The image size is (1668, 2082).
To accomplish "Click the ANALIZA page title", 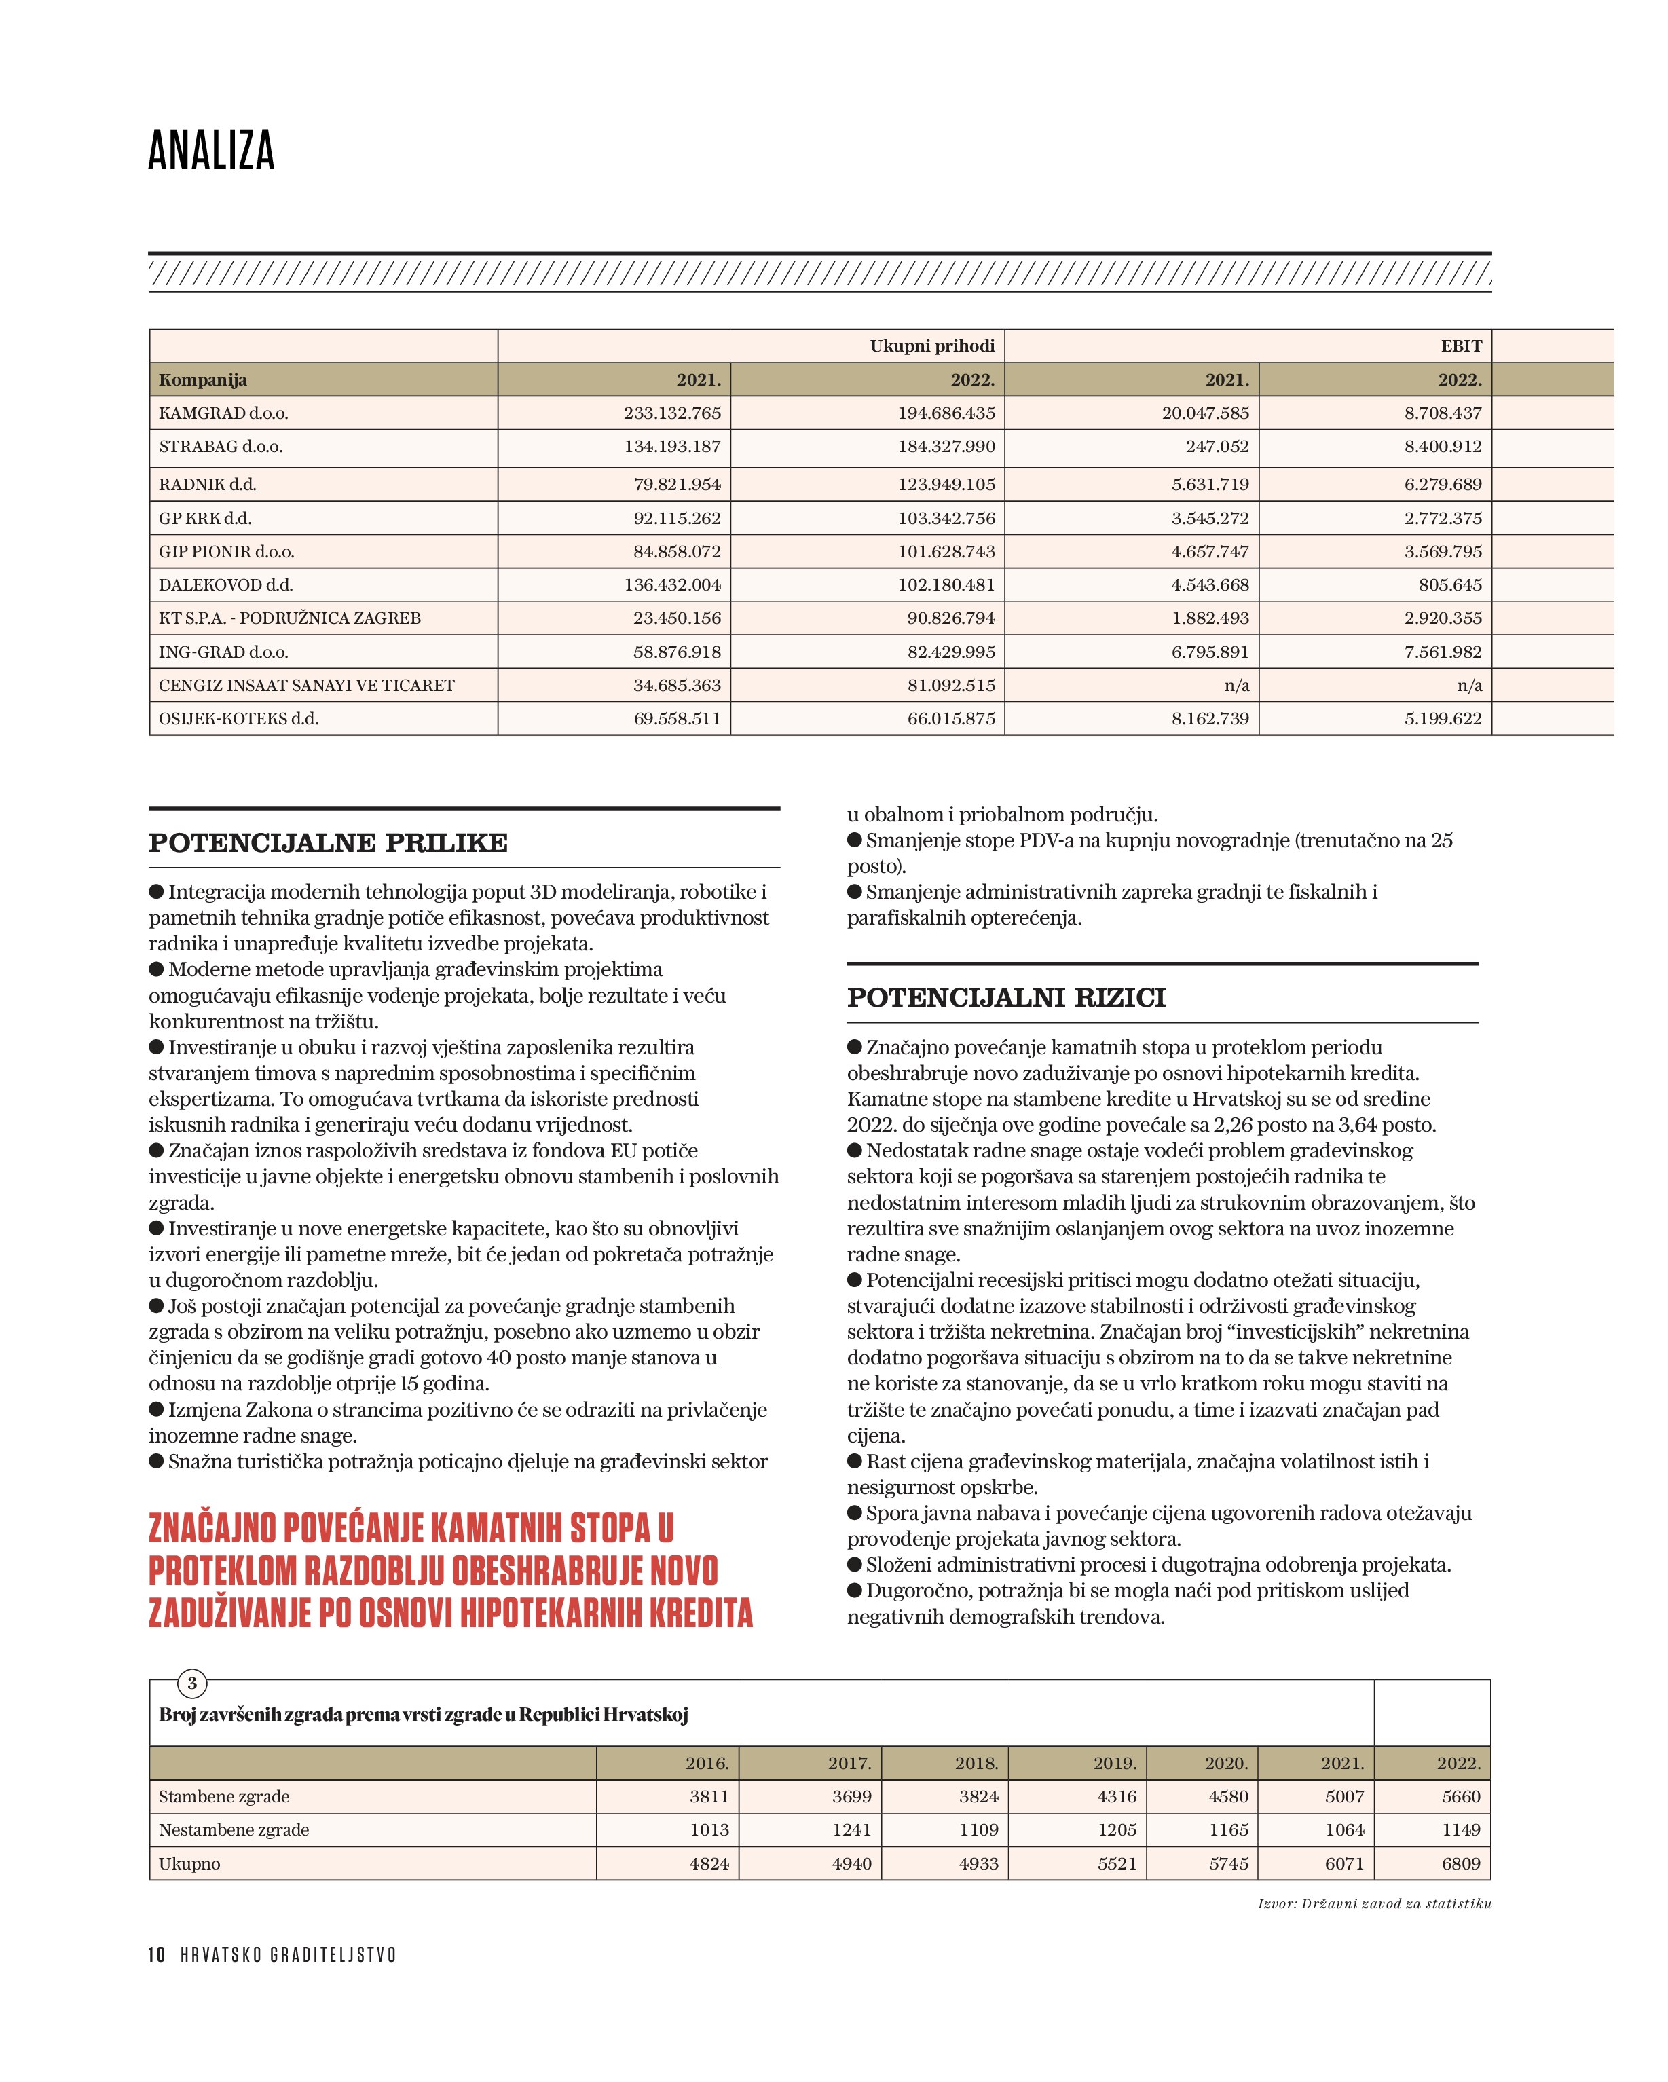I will [x=212, y=151].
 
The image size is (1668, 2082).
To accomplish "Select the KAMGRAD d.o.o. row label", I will [x=223, y=413].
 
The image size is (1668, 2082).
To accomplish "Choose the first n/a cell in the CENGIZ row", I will [x=1236, y=686].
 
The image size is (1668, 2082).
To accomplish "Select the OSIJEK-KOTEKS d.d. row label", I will [x=238, y=718].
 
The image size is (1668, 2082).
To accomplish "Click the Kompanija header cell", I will [x=203, y=380].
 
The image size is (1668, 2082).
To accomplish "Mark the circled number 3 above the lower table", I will [x=192, y=1683].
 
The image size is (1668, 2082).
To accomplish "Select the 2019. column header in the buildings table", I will [x=1115, y=1764].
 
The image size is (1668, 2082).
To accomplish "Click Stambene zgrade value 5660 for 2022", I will [x=1460, y=1797].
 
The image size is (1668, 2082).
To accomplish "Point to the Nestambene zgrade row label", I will [x=234, y=1830].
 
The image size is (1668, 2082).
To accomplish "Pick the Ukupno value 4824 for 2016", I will [x=709, y=1864].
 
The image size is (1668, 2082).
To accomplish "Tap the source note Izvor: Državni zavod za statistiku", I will [x=1374, y=1903].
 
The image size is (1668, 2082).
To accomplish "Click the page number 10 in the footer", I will [x=156, y=1954].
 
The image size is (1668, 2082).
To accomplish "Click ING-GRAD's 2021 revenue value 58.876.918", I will [x=677, y=652].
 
